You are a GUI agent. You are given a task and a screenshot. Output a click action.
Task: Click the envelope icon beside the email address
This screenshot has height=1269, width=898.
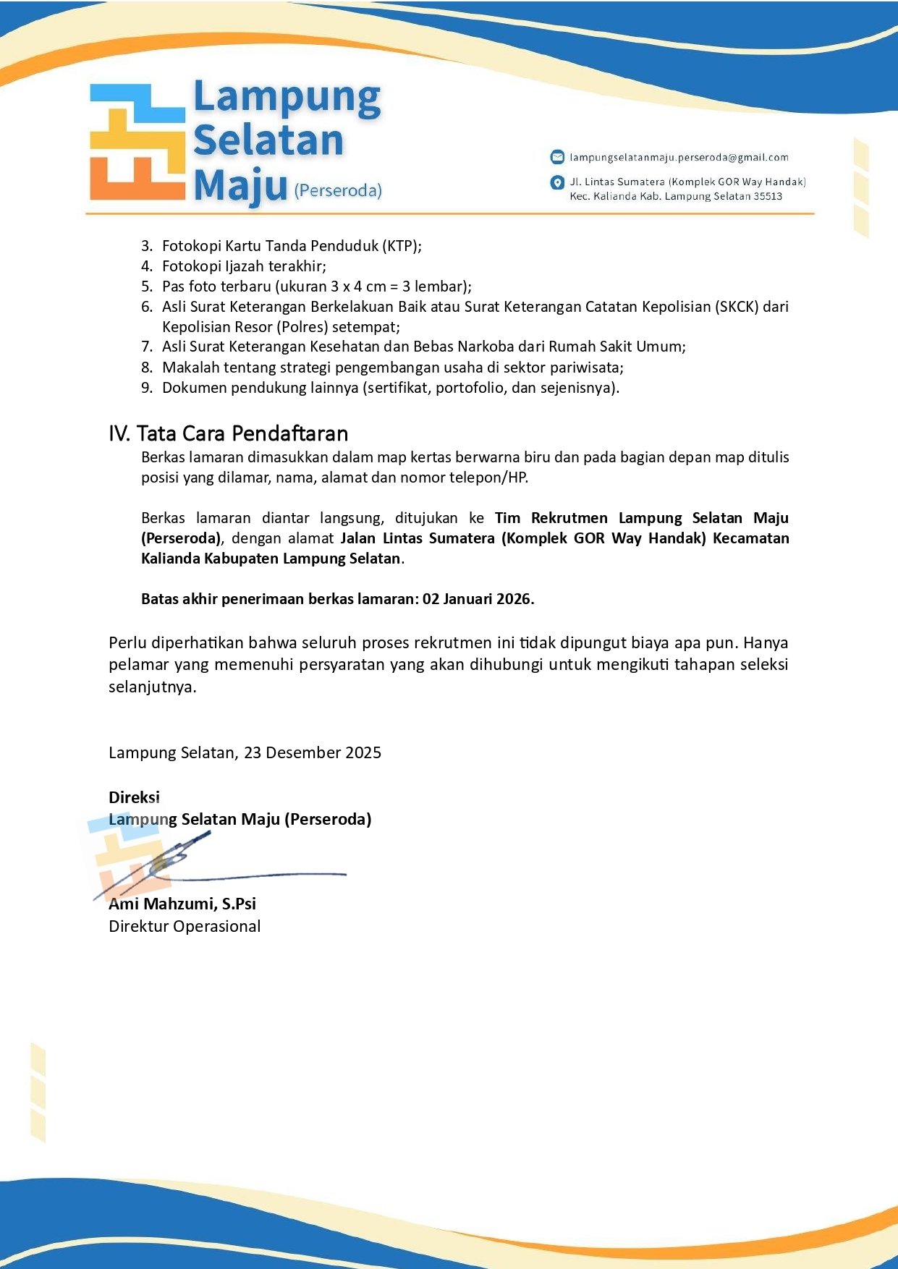[557, 157]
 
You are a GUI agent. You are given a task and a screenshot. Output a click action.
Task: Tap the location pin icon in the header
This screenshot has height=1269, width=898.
[557, 182]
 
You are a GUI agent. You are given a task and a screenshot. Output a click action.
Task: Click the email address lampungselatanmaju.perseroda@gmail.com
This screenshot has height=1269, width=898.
[679, 157]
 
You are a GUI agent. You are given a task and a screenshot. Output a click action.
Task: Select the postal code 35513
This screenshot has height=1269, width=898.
[767, 196]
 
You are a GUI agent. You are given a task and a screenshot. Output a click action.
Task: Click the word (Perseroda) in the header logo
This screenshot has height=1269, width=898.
[338, 190]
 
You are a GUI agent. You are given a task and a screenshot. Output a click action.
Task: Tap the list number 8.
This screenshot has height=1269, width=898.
[146, 368]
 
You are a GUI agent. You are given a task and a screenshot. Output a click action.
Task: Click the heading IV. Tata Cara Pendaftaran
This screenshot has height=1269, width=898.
[228, 433]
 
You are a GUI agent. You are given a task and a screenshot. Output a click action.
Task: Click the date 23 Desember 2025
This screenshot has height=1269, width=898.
[313, 752]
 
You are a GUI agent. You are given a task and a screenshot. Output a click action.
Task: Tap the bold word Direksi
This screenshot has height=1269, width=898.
[134, 797]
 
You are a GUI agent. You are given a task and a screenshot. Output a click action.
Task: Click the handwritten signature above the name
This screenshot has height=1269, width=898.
[217, 868]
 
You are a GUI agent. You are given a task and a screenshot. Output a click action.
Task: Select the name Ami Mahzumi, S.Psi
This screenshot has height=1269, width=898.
[182, 904]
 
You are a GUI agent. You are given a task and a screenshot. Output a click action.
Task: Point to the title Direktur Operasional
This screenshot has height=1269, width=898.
[185, 926]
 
